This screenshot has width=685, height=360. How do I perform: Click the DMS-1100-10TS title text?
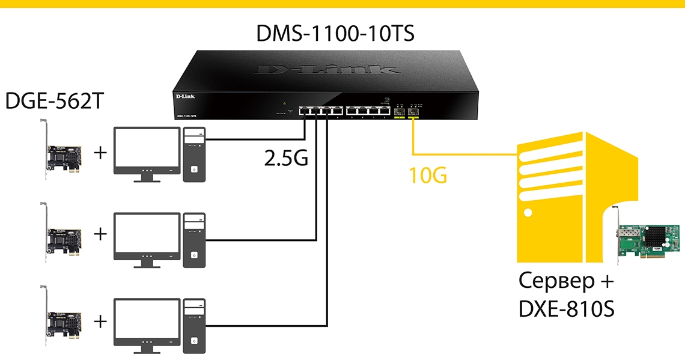coord(335,33)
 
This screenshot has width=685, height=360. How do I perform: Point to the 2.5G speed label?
coord(286,157)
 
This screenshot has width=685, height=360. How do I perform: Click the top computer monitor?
coord(147,149)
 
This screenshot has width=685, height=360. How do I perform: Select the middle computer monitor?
coord(147,234)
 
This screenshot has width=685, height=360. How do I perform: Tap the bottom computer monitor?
coord(147,320)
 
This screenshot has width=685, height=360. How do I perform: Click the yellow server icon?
coord(571,198)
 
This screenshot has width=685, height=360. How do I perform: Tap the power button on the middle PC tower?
coord(194,255)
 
